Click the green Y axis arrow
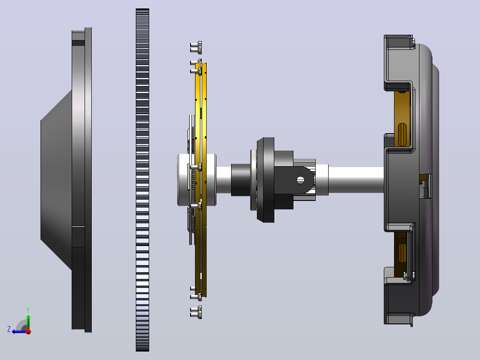coord(28,322)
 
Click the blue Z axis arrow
coord(19,331)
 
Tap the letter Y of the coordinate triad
coord(28,310)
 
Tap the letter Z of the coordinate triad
coord(9,329)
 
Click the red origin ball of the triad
coord(28,331)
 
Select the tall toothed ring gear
coord(142,180)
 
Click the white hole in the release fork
coord(300,180)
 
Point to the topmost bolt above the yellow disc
coord(196,48)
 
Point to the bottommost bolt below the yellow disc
coord(196,312)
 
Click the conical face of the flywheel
coord(56,180)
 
